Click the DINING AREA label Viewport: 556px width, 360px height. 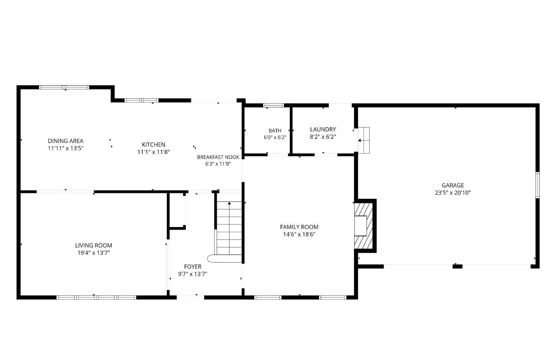(x=66, y=141)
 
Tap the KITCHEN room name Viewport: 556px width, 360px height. (x=153, y=144)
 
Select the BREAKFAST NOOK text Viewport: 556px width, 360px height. (x=218, y=157)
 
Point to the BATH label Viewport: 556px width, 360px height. (x=275, y=131)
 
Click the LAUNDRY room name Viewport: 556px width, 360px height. (x=323, y=129)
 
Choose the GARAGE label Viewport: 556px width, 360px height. (x=453, y=185)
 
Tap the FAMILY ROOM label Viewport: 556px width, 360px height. (x=299, y=227)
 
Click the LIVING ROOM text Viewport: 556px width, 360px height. (x=93, y=246)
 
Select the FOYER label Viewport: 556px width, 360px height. (x=193, y=267)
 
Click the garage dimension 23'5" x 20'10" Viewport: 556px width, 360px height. (x=453, y=193)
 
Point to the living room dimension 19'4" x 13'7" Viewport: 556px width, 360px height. (x=93, y=253)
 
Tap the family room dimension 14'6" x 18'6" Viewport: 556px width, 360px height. (x=299, y=234)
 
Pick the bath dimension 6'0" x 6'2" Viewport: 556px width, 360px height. (x=275, y=137)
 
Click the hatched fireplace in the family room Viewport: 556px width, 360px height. (x=364, y=226)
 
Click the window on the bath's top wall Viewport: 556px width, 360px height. (x=274, y=106)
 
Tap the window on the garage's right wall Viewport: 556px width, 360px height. (x=537, y=185)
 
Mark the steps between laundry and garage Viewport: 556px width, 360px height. (x=364, y=140)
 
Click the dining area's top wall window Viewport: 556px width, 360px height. (x=64, y=87)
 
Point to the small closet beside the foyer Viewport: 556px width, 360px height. (x=176, y=210)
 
